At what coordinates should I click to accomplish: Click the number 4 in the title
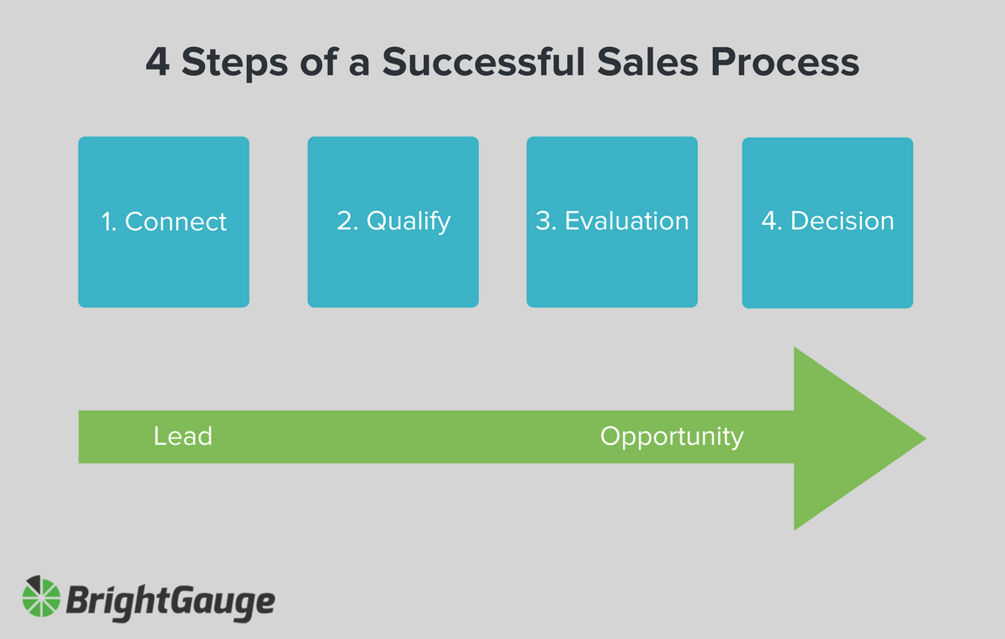coord(158,62)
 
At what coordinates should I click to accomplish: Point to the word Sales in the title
coord(647,62)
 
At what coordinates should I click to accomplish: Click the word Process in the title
coord(784,62)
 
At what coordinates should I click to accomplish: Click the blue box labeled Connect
coord(163,221)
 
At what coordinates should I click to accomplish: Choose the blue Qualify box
coord(393,221)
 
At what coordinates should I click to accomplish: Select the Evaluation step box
coord(612,221)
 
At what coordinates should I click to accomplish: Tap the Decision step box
coord(827,222)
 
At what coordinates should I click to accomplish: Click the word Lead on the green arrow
coord(182,436)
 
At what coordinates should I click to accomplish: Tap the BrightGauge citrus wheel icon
coord(41,596)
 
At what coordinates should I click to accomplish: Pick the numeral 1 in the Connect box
coord(107,221)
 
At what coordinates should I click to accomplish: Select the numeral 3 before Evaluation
coord(544,221)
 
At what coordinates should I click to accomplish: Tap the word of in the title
coord(318,62)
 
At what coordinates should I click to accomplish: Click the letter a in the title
coord(359,65)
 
